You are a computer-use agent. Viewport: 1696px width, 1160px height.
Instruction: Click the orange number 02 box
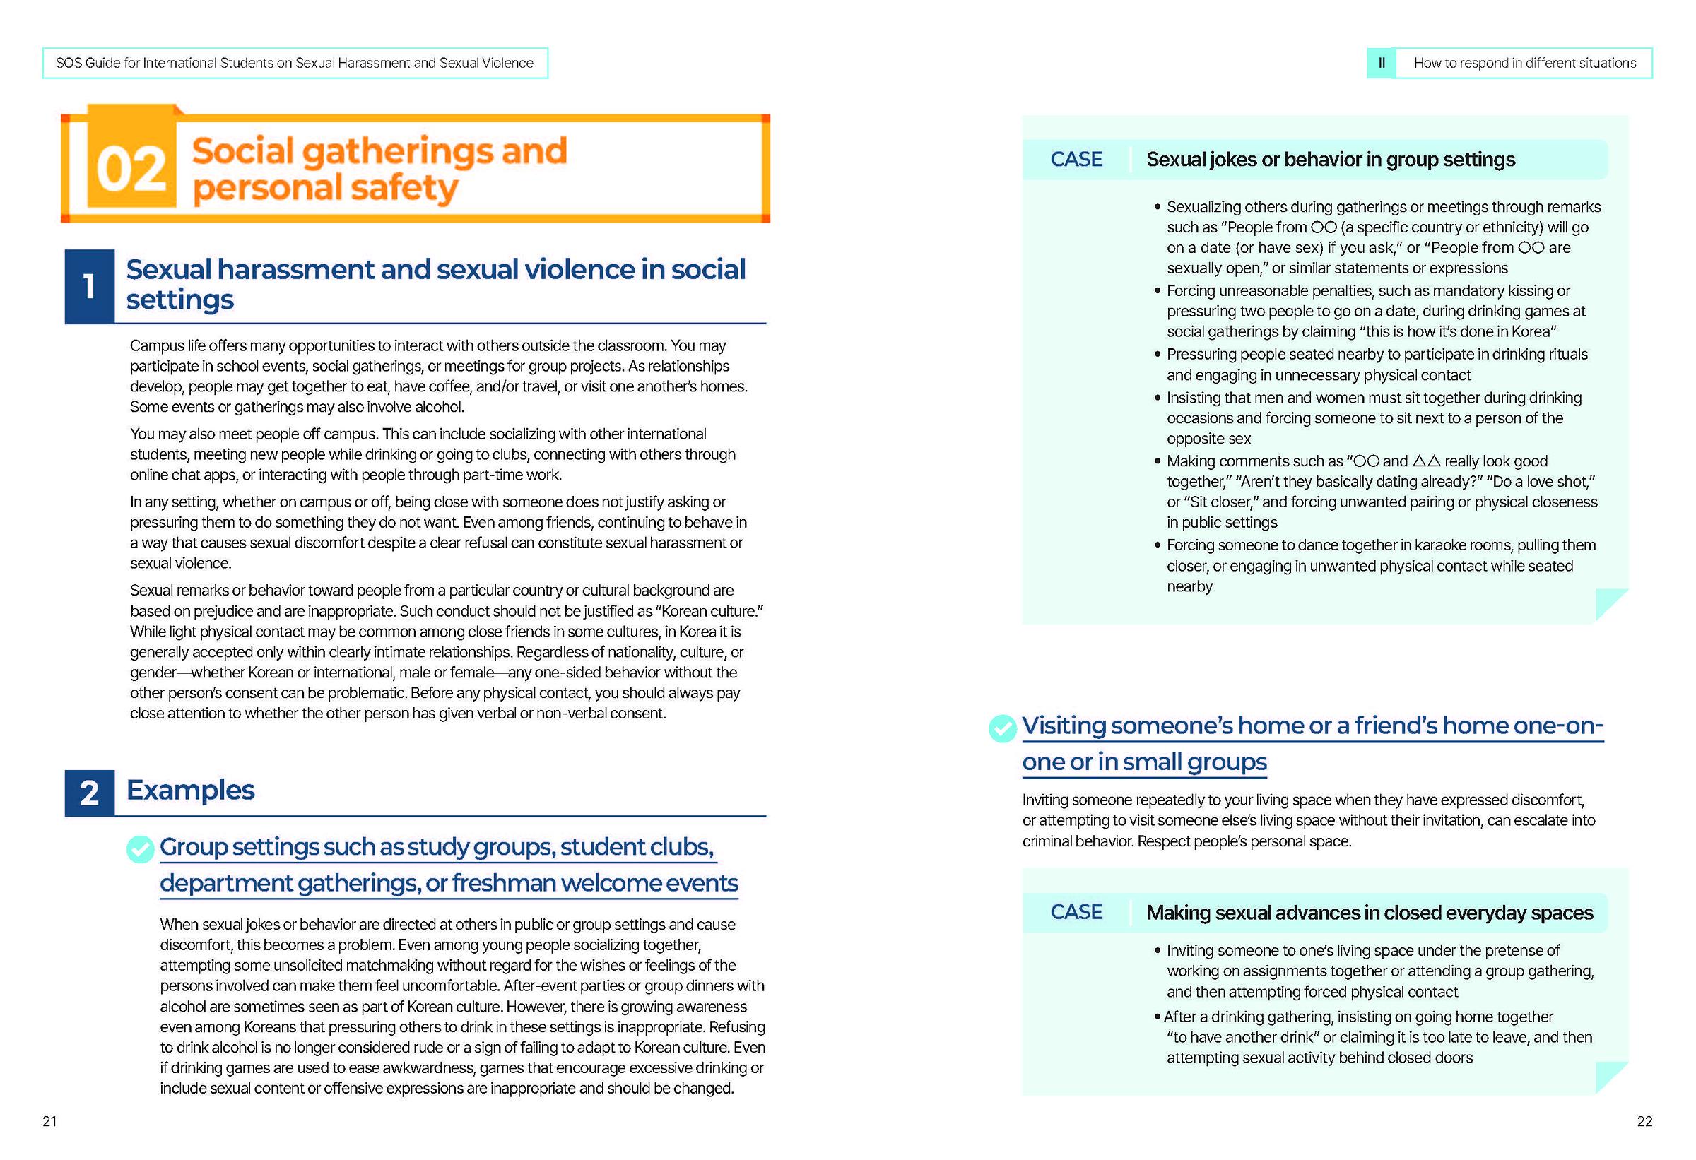(131, 168)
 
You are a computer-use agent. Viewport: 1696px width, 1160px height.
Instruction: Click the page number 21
(49, 1121)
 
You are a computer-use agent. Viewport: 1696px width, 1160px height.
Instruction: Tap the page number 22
(1644, 1121)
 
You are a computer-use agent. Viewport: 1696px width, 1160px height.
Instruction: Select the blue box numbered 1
(89, 286)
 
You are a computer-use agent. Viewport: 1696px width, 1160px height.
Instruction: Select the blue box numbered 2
(89, 793)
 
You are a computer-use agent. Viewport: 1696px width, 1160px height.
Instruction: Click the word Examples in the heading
(191, 790)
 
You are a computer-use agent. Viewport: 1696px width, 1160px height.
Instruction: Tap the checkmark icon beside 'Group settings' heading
(140, 848)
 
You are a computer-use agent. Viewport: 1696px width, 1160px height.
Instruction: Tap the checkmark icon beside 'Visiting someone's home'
(1003, 728)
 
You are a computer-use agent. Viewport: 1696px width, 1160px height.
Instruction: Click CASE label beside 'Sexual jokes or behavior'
(1076, 160)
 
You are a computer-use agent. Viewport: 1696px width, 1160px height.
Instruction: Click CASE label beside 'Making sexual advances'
(1076, 912)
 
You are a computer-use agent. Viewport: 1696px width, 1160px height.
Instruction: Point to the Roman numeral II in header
(1381, 64)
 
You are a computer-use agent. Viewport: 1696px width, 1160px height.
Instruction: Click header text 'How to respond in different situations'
(1524, 64)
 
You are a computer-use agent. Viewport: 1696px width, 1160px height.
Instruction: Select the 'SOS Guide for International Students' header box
(295, 64)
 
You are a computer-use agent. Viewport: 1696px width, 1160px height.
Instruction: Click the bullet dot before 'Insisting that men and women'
(1158, 398)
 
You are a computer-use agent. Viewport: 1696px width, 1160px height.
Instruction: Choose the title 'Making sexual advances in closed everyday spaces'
(1369, 913)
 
